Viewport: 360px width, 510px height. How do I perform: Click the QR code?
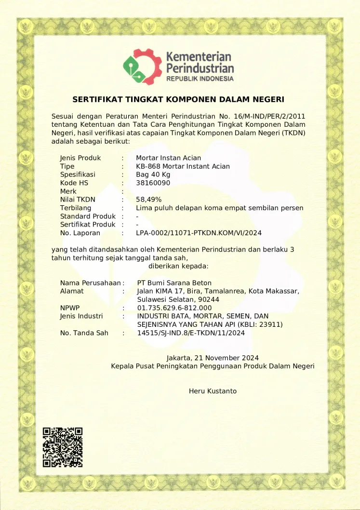point(62,447)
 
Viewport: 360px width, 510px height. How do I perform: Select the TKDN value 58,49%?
point(148,199)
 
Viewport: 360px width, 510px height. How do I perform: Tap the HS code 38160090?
point(153,183)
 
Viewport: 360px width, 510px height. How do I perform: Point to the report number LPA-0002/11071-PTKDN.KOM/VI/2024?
point(199,233)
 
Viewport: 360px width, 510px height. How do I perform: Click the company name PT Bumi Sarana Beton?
point(174,283)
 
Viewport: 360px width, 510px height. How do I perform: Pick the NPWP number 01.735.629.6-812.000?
point(174,308)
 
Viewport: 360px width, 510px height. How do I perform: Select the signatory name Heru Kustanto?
point(213,391)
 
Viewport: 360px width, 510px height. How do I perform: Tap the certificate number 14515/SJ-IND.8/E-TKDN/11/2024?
point(191,333)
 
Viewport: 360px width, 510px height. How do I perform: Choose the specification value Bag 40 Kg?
point(153,174)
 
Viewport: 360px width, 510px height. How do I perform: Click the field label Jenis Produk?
point(80,158)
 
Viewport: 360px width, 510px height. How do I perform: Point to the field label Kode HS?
point(74,183)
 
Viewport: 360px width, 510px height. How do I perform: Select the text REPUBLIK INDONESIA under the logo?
point(200,79)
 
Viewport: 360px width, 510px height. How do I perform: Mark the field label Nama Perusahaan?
point(90,283)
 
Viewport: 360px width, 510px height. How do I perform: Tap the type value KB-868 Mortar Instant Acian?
point(183,166)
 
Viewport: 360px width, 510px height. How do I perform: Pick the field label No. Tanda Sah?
point(84,333)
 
